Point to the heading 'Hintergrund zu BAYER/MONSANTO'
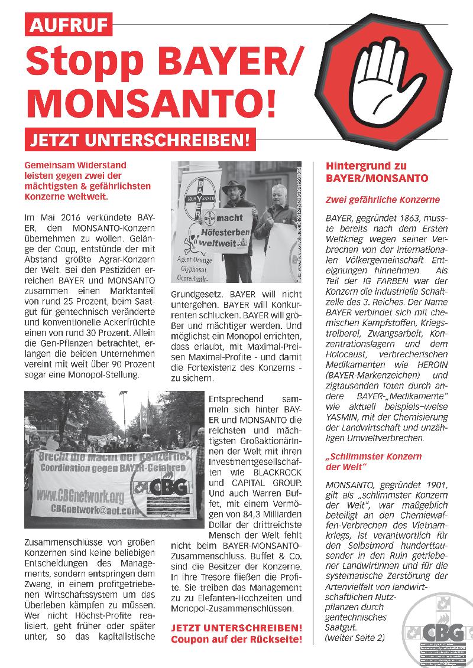(x=377, y=172)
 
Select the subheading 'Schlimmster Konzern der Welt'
(x=381, y=462)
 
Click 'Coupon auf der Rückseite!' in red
(x=237, y=640)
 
